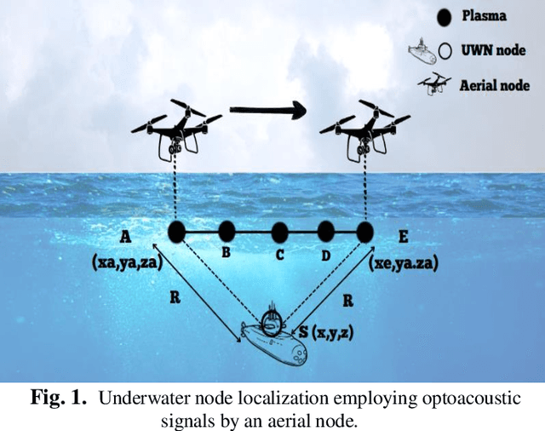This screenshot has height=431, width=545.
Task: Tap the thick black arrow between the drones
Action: pos(267,110)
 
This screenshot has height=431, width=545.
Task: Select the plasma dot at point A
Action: pos(176,231)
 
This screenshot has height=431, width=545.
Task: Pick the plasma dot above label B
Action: pos(226,232)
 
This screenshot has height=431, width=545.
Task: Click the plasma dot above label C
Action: pos(279,232)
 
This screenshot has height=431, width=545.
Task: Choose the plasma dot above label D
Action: pos(326,232)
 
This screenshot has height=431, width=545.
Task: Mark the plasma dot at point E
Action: pos(365,232)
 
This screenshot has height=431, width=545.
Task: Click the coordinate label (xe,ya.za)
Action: pos(404,265)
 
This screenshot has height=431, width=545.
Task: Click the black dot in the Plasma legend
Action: pos(442,16)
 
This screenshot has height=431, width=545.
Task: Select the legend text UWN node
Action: pos(493,51)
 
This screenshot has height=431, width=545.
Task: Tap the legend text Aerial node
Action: pos(495,85)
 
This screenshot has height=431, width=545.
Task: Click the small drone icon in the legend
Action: pos(434,83)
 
